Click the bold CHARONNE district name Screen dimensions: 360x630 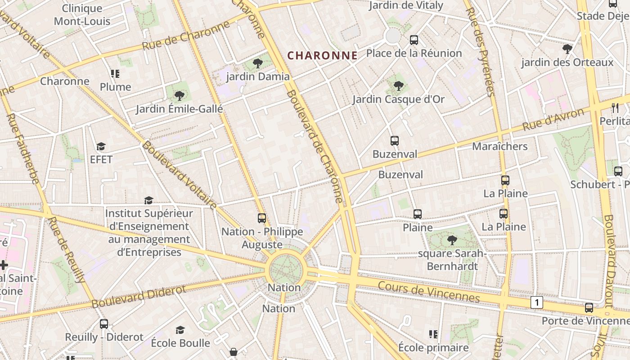pos(322,55)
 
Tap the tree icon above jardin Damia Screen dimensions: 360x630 pos(258,63)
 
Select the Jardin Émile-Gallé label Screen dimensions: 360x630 pos(179,109)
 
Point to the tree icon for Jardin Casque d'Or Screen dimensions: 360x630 pos(398,86)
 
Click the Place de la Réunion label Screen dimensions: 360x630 pos(414,53)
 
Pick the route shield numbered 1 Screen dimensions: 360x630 pos(536,302)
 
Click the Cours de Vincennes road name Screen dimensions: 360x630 pos(429,292)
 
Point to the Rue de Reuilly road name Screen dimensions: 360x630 pos(67,250)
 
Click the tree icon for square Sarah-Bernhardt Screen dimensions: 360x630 pos(452,240)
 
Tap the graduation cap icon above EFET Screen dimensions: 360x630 pos(101,147)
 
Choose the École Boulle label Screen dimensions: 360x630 pos(180,343)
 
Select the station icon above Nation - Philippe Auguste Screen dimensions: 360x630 pos(262,218)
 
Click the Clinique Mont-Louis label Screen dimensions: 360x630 pos(82,15)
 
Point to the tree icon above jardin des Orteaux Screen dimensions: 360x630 pos(567,49)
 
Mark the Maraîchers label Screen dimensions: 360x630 pos(499,146)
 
